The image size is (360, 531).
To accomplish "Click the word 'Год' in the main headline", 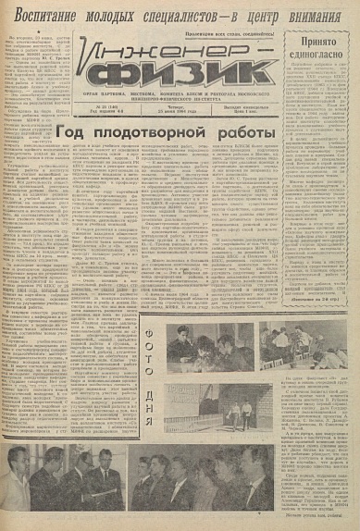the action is pos(75,135).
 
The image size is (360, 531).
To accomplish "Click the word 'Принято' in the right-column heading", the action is pos(320,42).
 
